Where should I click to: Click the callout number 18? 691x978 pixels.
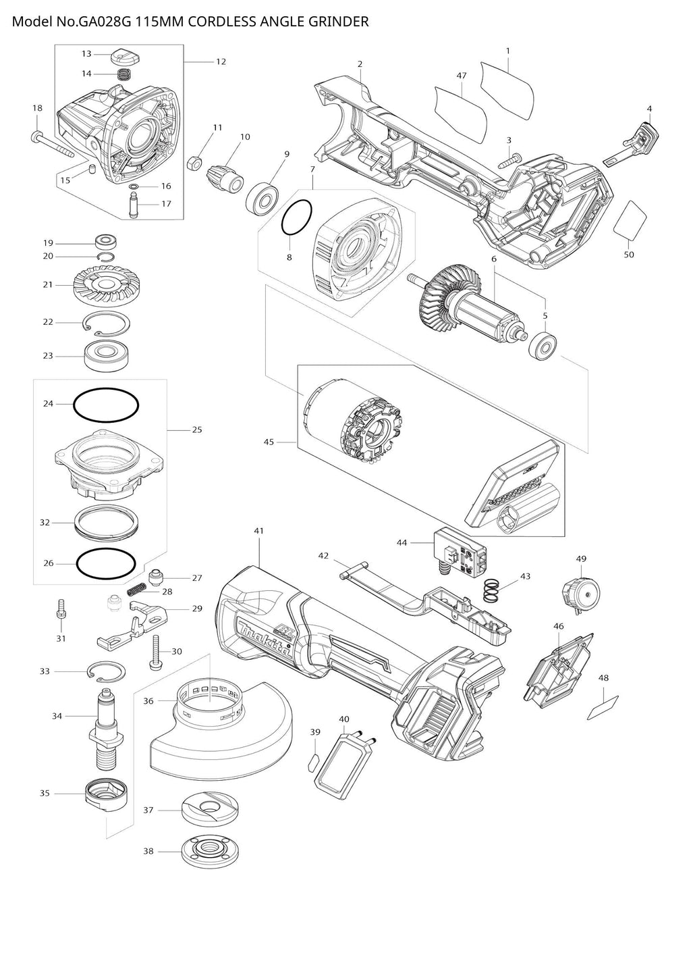(37, 108)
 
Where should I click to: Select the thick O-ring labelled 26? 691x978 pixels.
(105, 562)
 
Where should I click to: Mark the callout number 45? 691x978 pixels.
(269, 442)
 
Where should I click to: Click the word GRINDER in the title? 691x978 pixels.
(341, 22)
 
